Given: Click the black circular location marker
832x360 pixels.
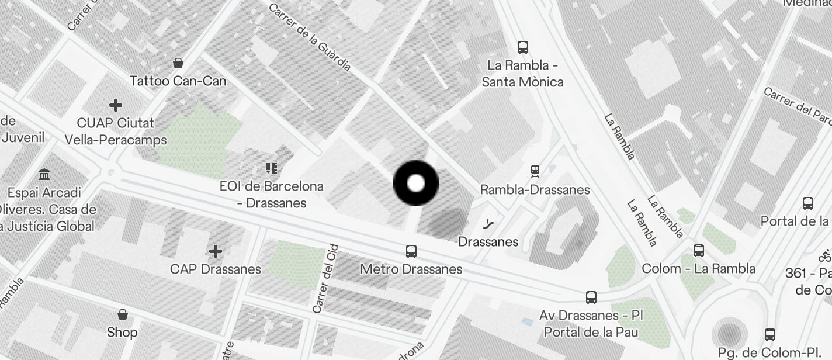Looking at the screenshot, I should [415, 184].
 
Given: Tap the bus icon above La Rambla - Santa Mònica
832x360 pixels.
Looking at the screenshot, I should [523, 47].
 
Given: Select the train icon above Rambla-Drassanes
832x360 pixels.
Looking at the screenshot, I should [535, 171].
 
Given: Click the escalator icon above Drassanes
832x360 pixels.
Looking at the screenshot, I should [488, 224].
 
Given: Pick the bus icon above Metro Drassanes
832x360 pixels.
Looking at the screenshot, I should [411, 251].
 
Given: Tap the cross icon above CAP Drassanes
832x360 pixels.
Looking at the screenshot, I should [216, 251].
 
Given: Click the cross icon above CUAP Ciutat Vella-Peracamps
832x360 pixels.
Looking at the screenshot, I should [116, 105].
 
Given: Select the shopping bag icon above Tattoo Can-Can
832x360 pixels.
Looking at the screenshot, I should [178, 63].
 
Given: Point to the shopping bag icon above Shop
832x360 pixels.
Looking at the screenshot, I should [123, 314].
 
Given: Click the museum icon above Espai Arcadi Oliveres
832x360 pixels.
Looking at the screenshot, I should [44, 174].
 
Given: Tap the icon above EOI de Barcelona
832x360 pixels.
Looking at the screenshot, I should [271, 169].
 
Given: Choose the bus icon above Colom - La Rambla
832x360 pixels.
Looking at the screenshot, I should [698, 251].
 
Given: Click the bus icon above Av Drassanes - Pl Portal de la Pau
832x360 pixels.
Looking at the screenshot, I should [591, 297].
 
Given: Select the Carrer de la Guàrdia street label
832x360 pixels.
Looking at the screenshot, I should [310, 37].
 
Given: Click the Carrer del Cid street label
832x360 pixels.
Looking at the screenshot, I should [325, 278].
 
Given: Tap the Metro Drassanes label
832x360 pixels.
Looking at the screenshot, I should [411, 269].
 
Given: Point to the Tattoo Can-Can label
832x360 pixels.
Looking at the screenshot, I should [178, 81].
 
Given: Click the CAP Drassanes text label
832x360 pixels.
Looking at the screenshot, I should [216, 269].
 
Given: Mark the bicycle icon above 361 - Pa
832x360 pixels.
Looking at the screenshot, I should [825, 255].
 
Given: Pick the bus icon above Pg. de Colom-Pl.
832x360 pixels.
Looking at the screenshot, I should [770, 335].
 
